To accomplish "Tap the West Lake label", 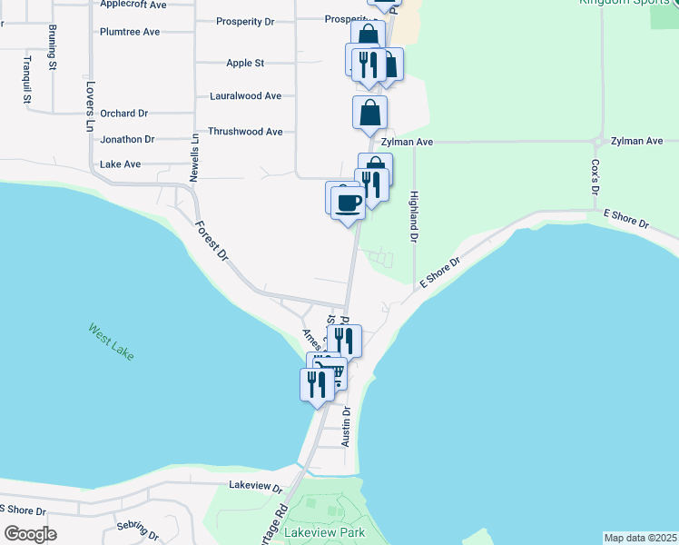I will coord(112,342).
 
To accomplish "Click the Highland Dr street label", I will coord(414,216).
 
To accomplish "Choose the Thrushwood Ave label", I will coord(245,132).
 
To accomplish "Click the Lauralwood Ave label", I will coord(245,95).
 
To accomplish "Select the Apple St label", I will coord(245,64).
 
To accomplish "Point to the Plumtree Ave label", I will coord(130,32).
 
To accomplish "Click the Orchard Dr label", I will coord(124,114).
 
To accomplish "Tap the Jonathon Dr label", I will coord(127,140).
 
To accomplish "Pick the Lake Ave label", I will coord(121,164).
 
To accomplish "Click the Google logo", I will coord(30,534).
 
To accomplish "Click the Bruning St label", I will coord(54,54).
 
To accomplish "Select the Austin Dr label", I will coord(346,425).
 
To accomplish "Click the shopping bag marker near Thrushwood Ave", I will coord(370,114).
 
